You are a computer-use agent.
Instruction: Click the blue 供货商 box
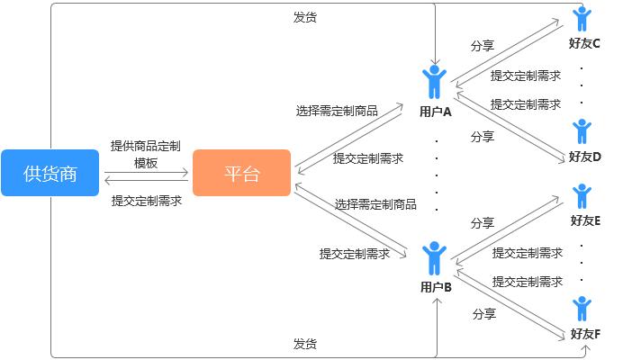(50, 173)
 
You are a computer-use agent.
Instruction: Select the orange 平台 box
(241, 173)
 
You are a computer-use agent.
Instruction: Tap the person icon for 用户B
(435, 257)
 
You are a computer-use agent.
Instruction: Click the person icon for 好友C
(582, 19)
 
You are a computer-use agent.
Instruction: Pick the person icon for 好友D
(582, 131)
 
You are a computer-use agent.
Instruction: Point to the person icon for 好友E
(582, 196)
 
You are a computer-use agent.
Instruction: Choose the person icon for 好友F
(582, 309)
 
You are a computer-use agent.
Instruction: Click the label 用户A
(435, 112)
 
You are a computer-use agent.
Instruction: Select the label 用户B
(436, 288)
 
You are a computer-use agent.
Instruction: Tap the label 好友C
(584, 43)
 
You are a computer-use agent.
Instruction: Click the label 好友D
(584, 157)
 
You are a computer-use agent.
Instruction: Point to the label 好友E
(584, 220)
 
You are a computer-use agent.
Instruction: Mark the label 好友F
(584, 334)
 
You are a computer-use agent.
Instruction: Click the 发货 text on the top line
(305, 17)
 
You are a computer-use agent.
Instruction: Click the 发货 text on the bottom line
(305, 344)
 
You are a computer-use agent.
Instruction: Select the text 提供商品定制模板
(146, 154)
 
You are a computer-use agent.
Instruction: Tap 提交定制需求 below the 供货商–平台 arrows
(146, 201)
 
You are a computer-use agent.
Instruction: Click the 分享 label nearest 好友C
(483, 45)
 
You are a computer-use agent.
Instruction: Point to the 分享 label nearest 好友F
(484, 314)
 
